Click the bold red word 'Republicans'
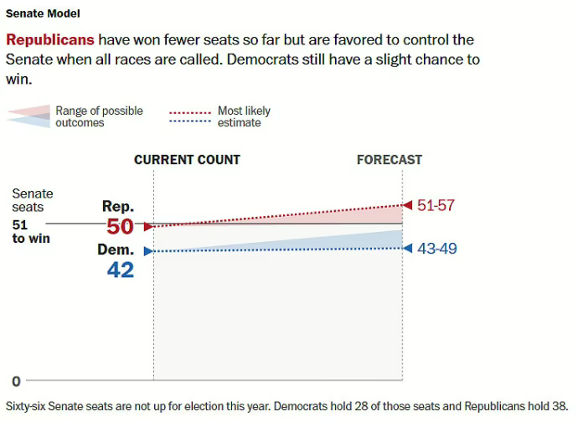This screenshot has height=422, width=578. (x=49, y=40)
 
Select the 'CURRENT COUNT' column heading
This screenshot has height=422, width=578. (x=187, y=160)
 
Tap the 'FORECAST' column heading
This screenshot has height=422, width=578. (x=390, y=160)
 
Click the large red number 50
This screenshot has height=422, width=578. (x=121, y=226)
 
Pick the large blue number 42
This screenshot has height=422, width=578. (x=121, y=270)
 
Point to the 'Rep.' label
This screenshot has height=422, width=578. (x=118, y=206)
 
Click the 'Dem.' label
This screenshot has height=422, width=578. (x=116, y=250)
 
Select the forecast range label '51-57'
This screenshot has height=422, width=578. (x=436, y=205)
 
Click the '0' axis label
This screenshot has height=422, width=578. (x=15, y=381)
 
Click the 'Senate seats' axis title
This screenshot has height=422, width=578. (x=32, y=200)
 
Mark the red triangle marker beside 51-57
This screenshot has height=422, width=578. (x=408, y=204)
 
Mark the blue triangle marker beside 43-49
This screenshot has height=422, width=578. (x=408, y=248)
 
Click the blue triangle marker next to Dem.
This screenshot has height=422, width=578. (x=148, y=250)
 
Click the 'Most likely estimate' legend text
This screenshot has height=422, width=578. (x=244, y=116)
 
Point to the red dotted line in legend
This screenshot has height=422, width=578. (x=190, y=111)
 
